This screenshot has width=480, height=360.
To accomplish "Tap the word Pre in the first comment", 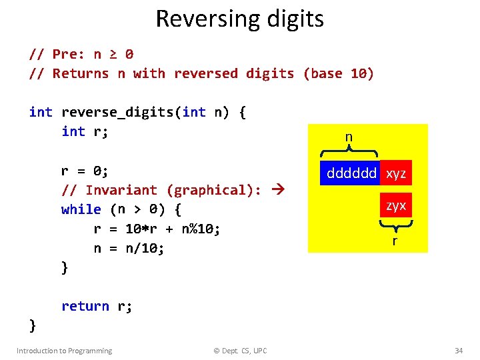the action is click(x=68, y=54).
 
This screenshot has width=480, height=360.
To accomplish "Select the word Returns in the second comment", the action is click(x=80, y=73).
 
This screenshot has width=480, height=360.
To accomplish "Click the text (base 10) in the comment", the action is click(x=338, y=73).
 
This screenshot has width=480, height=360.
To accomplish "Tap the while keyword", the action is click(x=81, y=209).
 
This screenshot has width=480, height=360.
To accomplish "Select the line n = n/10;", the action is click(x=129, y=248).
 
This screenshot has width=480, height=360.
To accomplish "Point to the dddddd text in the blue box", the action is click(x=351, y=173).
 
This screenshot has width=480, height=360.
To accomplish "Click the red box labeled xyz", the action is click(x=396, y=173).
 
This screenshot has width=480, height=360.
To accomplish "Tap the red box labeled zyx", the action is click(x=396, y=205).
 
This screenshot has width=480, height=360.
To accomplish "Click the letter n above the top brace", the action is click(x=349, y=137).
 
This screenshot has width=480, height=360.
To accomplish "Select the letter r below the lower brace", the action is click(x=395, y=240).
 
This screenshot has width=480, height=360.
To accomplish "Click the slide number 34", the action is click(x=458, y=351).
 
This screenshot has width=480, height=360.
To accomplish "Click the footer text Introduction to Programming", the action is click(x=64, y=351).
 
